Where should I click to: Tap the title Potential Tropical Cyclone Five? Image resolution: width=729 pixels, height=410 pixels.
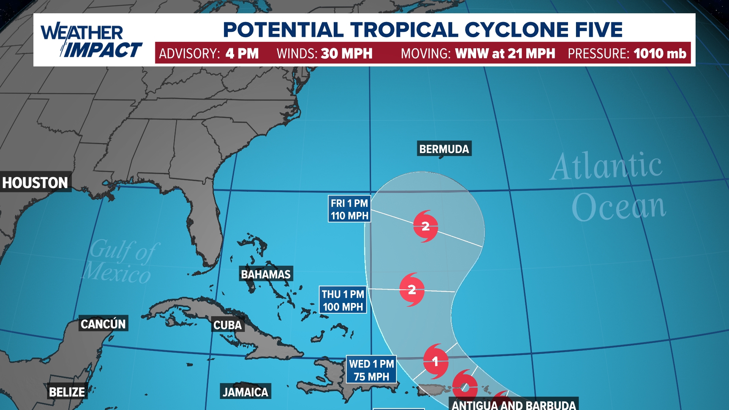(423, 30)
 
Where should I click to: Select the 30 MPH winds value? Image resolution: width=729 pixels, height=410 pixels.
(347, 54)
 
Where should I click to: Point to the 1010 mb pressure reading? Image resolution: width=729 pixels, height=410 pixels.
(660, 54)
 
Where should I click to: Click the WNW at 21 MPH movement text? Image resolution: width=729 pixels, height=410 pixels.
(505, 54)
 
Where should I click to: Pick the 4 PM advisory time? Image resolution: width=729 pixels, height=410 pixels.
(242, 54)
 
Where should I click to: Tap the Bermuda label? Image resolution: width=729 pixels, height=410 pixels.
(444, 149)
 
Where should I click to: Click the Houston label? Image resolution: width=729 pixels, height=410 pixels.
(35, 183)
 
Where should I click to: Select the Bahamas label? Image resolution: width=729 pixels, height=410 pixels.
(266, 274)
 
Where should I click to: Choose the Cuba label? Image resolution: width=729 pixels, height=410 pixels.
(227, 325)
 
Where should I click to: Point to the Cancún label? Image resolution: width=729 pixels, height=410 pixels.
(103, 324)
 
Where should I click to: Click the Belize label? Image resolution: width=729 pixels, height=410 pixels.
(67, 392)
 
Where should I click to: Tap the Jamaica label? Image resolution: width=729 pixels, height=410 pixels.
(245, 392)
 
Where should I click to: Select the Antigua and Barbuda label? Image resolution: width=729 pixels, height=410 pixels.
(514, 405)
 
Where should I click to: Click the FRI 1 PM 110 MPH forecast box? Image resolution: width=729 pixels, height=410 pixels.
(349, 209)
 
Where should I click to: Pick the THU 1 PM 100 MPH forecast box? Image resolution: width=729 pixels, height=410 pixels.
(343, 300)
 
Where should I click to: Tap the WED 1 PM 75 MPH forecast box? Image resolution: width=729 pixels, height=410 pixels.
(371, 370)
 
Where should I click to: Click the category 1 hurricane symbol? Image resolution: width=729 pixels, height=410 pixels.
(435, 361)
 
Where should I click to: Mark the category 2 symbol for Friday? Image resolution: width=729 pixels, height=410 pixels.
(426, 227)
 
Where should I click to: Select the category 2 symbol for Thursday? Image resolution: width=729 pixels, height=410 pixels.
(412, 290)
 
